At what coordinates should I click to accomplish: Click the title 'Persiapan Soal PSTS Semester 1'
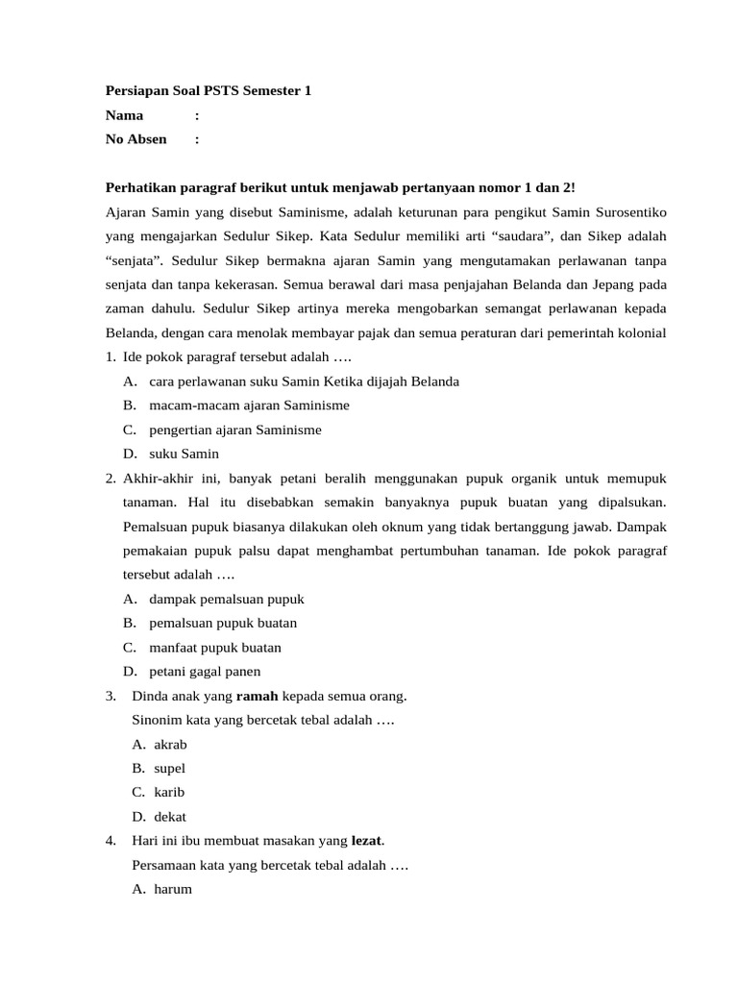tap(209, 91)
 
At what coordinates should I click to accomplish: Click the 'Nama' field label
tap(125, 115)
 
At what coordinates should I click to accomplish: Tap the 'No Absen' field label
tap(136, 139)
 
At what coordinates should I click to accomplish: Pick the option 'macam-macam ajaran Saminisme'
tap(249, 406)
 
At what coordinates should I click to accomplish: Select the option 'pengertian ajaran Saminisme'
tap(235, 430)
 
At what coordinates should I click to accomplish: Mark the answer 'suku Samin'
tap(184, 454)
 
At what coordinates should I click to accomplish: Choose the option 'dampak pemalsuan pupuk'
tap(227, 599)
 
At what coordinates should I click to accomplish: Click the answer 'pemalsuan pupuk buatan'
tap(223, 623)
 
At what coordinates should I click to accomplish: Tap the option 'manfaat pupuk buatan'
tap(215, 648)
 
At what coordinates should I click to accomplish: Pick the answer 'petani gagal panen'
tap(205, 672)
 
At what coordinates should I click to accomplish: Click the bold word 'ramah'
tap(257, 696)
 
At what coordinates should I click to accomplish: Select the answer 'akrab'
tap(170, 745)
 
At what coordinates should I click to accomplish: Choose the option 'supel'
tap(169, 769)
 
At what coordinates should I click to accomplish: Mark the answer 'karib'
tap(169, 793)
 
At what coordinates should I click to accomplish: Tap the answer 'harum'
tap(173, 889)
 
